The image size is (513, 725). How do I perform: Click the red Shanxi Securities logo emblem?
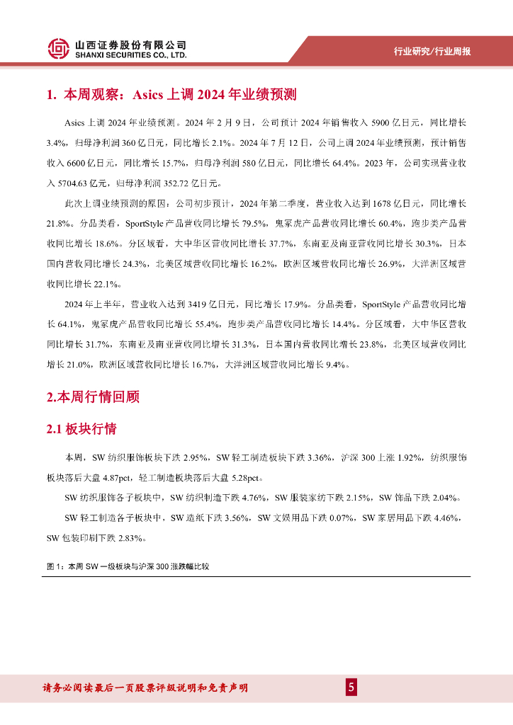pyautogui.click(x=59, y=49)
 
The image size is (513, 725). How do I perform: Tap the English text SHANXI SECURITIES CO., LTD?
pyautogui.click(x=131, y=55)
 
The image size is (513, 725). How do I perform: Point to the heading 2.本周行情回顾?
pyautogui.click(x=93, y=397)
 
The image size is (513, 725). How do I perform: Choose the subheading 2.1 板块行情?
pyautogui.click(x=81, y=429)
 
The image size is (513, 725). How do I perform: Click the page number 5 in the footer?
pyautogui.click(x=351, y=687)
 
